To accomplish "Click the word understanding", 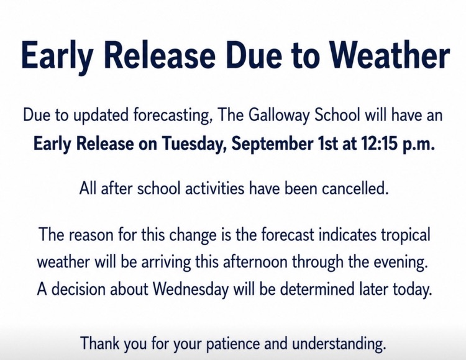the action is click(x=339, y=344).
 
